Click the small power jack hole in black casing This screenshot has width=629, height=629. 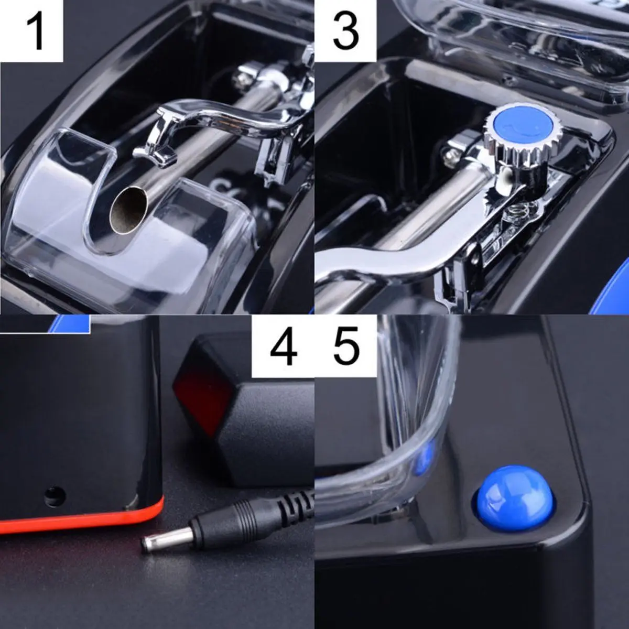tap(53, 495)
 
